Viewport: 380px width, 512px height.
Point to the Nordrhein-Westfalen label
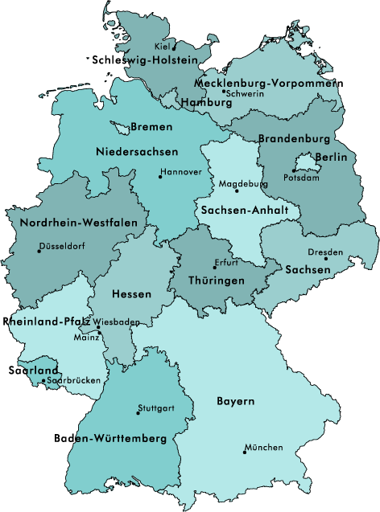78,223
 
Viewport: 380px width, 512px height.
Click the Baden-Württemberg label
110,439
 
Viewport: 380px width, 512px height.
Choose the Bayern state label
236,400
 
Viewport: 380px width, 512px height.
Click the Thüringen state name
216,281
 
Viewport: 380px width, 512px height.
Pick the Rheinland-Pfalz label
46,321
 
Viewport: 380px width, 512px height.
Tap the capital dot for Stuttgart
138,413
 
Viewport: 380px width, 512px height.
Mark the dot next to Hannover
160,177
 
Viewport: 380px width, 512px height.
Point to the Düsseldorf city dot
39,252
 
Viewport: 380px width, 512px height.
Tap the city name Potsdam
302,178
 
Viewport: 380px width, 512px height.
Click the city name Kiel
162,47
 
